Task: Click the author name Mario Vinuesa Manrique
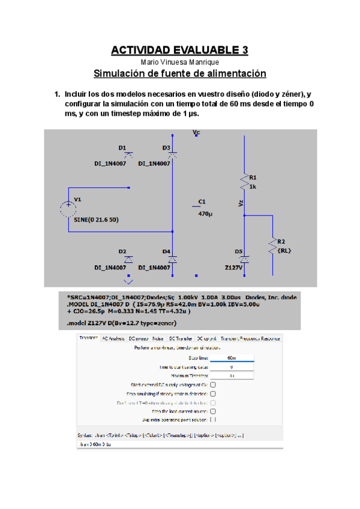[x=180, y=62]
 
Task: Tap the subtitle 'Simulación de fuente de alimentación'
[x=180, y=74]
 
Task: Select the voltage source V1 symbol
[x=67, y=208]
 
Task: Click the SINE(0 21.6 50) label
[x=96, y=220]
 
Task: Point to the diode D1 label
[x=122, y=147]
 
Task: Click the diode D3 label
[x=166, y=147]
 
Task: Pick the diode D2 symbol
[x=128, y=259]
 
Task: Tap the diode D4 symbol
[x=172, y=259]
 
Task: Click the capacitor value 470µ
[x=205, y=213]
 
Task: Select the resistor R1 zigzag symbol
[x=244, y=180]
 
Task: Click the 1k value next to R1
[x=253, y=186]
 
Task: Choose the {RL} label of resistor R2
[x=285, y=251]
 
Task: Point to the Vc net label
[x=196, y=131]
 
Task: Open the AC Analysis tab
[x=113, y=339]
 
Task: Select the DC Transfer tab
[x=181, y=339]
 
